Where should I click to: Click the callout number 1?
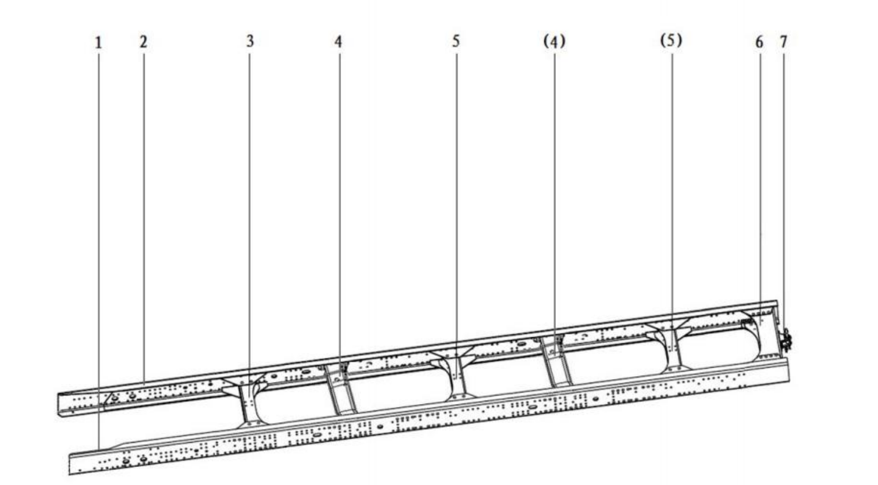[99, 42]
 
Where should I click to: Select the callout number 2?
[144, 41]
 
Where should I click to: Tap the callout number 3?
[249, 41]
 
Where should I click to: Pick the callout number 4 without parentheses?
[338, 41]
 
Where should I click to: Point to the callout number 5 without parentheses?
[455, 41]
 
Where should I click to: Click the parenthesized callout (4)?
[554, 41]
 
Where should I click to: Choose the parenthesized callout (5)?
[672, 40]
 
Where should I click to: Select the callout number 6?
[759, 42]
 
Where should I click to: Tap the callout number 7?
[783, 41]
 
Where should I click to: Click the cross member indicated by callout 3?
[248, 400]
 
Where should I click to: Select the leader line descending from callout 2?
[144, 217]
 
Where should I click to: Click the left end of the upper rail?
[59, 404]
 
